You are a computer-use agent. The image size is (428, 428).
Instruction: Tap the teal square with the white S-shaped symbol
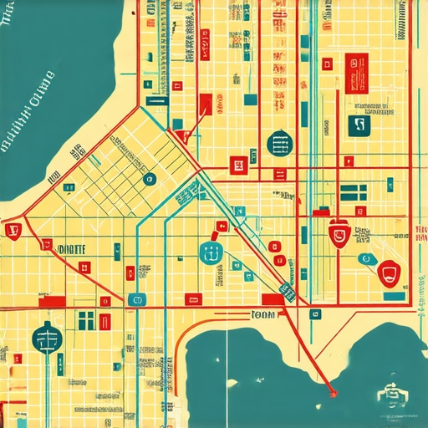pos(359,125)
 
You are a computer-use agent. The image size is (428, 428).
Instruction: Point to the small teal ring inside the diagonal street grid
pos(150,178)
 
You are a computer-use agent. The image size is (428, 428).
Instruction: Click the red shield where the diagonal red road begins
pos(13,230)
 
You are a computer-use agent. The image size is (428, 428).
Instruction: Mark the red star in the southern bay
pos(334,390)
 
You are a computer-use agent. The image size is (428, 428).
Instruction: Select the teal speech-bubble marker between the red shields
pos(365,260)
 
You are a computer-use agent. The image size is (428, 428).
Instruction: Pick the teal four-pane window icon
pos(86,319)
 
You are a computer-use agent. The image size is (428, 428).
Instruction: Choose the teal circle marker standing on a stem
pos(47,338)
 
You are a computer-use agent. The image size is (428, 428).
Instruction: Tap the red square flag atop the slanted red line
pos(205,103)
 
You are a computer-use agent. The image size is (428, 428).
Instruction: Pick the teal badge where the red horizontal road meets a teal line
pos(138,299)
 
